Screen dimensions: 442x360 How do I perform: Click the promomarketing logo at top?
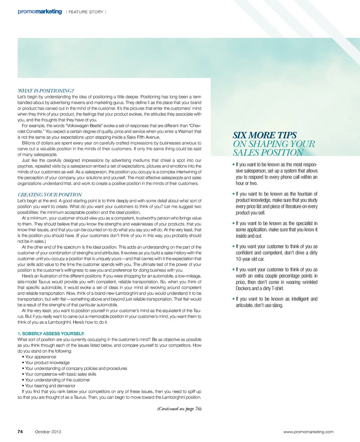click(x=39, y=12)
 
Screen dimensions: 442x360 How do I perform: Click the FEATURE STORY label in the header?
click(x=86, y=12)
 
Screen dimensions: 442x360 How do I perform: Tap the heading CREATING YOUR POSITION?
click(x=50, y=195)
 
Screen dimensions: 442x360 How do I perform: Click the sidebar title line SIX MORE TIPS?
click(x=265, y=135)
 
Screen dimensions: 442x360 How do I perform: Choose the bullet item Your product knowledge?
click(x=47, y=363)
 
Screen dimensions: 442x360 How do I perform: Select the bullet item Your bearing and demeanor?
click(x=50, y=385)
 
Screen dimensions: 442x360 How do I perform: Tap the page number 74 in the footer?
click(x=21, y=432)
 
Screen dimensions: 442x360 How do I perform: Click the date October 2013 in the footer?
click(x=48, y=432)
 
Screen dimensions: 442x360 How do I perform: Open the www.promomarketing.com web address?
click(x=309, y=432)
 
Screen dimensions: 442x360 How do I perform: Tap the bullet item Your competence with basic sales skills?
click(x=57, y=374)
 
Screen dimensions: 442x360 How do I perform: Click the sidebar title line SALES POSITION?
click(x=268, y=152)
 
